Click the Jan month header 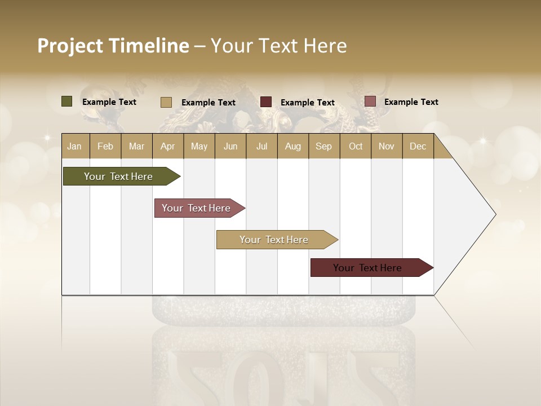[74, 146]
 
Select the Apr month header [168, 146]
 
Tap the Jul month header [261, 146]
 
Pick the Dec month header [418, 146]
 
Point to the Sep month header [323, 146]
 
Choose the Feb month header [105, 146]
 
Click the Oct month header [356, 146]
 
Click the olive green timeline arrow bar [118, 176]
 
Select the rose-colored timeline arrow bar [196, 208]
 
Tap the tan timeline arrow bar [274, 240]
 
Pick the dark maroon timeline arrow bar [367, 268]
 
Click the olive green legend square [66, 101]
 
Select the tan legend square [166, 102]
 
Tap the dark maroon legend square [266, 101]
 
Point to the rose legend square [370, 101]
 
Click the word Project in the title [70, 46]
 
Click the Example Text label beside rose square [411, 102]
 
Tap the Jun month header [230, 146]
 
